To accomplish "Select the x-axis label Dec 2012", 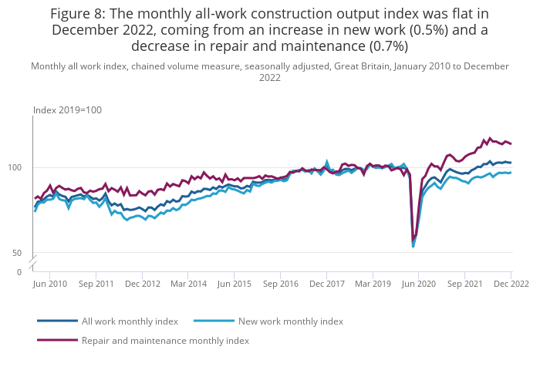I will (142, 284).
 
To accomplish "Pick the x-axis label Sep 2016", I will (280, 284).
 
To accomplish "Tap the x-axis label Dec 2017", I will (326, 284).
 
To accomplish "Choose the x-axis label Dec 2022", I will (511, 284).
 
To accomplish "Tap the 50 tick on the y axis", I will (25, 253).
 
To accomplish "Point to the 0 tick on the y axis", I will (19, 272).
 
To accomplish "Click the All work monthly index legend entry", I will (130, 321).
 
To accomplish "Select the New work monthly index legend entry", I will (291, 321).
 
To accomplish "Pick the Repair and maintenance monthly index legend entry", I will (165, 340).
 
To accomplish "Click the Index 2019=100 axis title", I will (67, 110).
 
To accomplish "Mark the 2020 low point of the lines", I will (413, 245).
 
